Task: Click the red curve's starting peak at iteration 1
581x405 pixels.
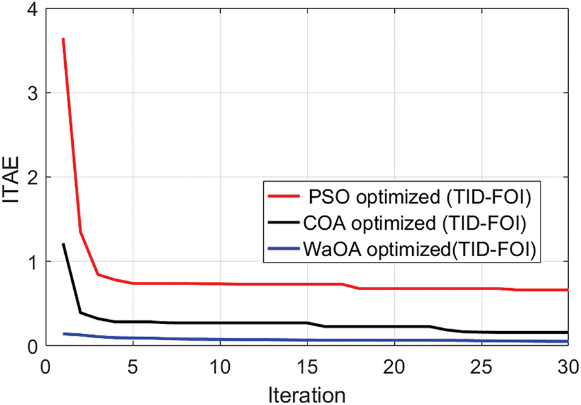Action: pos(63,39)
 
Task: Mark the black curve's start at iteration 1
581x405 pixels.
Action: pos(63,244)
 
